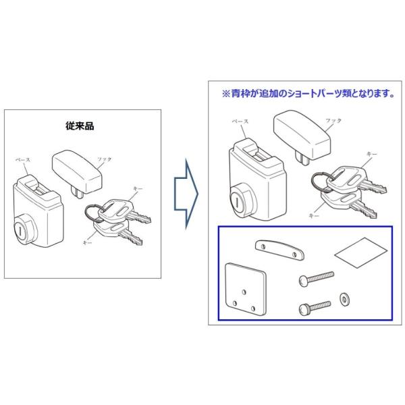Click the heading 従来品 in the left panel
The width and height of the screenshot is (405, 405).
pyautogui.click(x=81, y=126)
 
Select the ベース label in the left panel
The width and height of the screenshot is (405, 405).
pyautogui.click(x=24, y=160)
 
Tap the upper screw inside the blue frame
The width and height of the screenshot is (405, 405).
pyautogui.click(x=315, y=277)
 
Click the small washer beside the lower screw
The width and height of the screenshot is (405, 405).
pyautogui.click(x=346, y=298)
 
